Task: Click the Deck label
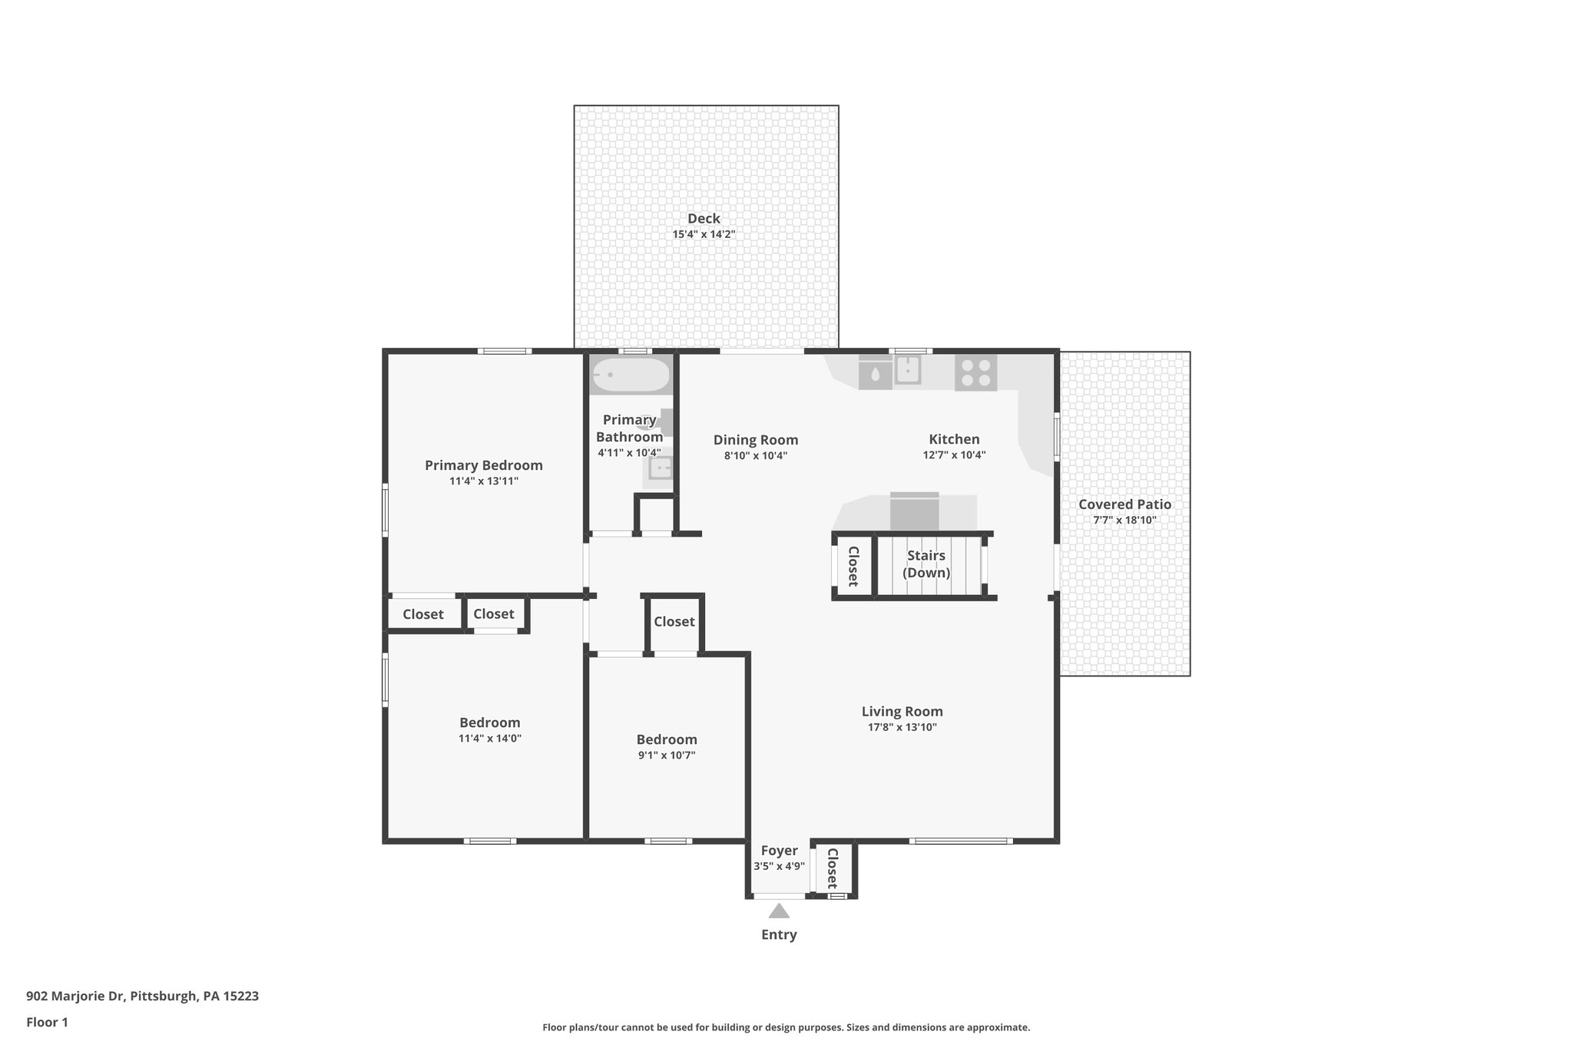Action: click(x=704, y=219)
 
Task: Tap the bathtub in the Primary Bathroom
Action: click(x=630, y=375)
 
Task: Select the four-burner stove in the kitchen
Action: click(x=975, y=372)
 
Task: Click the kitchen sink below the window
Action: click(x=908, y=370)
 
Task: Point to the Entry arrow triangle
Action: click(x=779, y=911)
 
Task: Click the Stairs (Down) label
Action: click(x=926, y=564)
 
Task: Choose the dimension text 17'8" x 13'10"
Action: click(x=902, y=727)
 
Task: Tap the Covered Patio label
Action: click(x=1124, y=504)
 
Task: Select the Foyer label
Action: click(x=779, y=851)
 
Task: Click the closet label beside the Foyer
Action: click(x=832, y=868)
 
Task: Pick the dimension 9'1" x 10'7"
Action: click(x=666, y=755)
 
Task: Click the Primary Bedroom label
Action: click(x=484, y=465)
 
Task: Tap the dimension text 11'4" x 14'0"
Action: click(x=490, y=739)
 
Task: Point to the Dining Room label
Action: click(x=756, y=440)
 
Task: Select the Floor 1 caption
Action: click(x=47, y=1022)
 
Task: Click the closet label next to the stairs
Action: click(x=853, y=566)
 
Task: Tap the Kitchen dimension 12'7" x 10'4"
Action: click(x=954, y=455)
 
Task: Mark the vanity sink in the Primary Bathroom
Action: click(x=660, y=468)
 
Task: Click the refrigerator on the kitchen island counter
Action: click(x=914, y=511)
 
